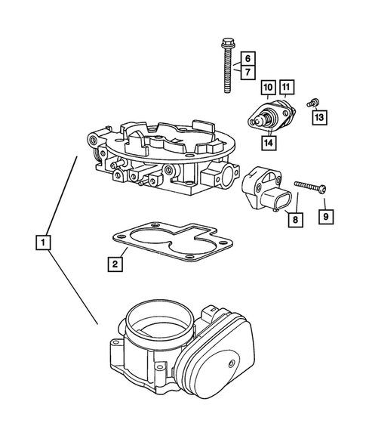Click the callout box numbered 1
[45, 243]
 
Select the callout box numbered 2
[115, 264]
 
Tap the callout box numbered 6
[246, 58]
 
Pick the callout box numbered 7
[246, 72]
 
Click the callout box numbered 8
[295, 220]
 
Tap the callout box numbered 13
[319, 117]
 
